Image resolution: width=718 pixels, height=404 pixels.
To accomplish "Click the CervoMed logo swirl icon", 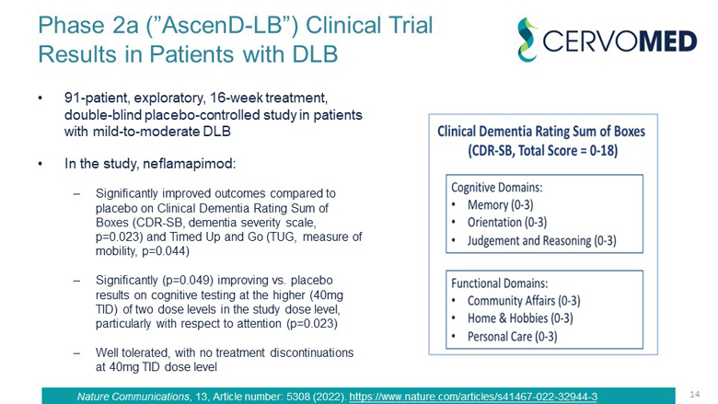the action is tap(527, 40).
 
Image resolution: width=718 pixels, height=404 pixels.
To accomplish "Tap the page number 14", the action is tap(695, 394).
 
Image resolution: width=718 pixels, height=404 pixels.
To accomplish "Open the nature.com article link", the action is tap(473, 397).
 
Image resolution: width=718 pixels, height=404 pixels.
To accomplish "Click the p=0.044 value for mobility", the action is tap(164, 251).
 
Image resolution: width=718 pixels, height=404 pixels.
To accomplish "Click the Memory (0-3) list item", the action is tap(500, 205).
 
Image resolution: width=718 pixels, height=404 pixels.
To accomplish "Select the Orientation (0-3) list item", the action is tap(507, 223).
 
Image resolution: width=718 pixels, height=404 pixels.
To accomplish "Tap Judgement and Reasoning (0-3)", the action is tap(541, 241).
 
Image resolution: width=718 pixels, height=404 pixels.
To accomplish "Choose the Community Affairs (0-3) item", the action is tap(524, 301).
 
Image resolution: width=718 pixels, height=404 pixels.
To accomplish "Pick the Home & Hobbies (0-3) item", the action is tap(520, 318).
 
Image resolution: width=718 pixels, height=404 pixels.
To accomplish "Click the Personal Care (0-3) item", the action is tap(513, 337).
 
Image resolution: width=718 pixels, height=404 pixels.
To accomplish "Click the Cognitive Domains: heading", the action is tap(496, 188).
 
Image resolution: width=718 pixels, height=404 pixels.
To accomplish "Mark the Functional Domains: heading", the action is tap(500, 283).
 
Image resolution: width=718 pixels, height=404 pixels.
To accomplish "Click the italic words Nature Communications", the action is tap(133, 397).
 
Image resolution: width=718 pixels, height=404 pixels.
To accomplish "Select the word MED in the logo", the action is tap(668, 41).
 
